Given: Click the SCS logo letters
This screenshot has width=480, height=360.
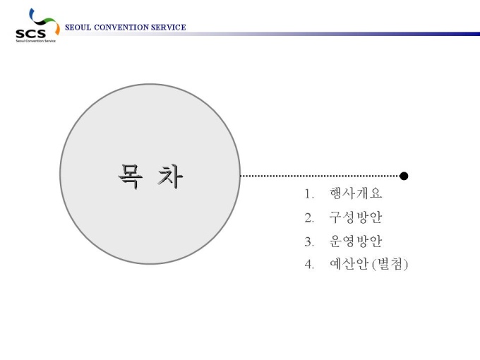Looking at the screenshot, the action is (30, 33).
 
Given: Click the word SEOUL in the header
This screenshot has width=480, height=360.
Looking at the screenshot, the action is (78, 28).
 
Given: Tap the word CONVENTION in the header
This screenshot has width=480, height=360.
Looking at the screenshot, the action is (121, 28).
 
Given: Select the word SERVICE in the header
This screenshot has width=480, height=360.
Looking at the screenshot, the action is (169, 28).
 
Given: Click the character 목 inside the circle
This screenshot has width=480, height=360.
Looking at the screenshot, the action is (131, 176).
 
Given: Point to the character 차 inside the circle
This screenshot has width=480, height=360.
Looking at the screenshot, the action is (170, 176).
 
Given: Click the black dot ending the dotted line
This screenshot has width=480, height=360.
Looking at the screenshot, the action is (404, 176).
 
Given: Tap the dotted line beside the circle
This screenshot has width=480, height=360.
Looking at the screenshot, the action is (320, 176).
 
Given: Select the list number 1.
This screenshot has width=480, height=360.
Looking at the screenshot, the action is (309, 194).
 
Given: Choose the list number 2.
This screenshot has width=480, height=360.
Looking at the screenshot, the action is (309, 217).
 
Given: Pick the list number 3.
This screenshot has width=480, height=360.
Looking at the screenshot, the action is (309, 241).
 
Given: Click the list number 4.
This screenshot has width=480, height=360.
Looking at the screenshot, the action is (309, 264).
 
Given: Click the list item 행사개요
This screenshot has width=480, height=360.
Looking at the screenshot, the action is (356, 193).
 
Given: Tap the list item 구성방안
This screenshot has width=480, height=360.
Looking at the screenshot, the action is (356, 217).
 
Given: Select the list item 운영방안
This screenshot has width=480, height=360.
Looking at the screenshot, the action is (356, 241).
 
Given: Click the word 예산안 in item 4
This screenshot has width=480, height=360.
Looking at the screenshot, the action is (349, 264).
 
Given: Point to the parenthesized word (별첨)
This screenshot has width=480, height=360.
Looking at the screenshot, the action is (390, 264).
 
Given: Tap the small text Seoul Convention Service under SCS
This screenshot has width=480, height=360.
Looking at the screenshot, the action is (36, 41).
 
